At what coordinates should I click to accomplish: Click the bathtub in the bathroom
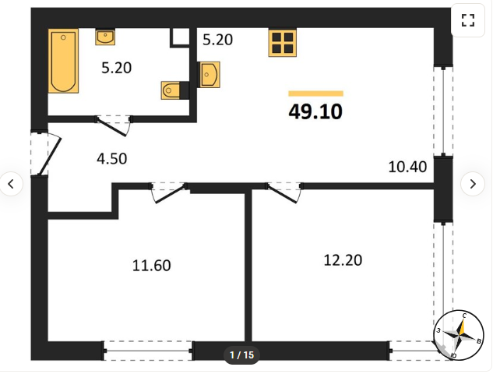(x=63, y=61)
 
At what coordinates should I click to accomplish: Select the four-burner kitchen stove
(x=283, y=43)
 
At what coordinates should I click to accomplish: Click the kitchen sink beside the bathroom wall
(x=209, y=75)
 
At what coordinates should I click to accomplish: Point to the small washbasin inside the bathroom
(x=105, y=37)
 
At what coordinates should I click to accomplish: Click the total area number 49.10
(x=315, y=111)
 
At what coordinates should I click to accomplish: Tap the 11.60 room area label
(x=152, y=266)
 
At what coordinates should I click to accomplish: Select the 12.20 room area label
(x=343, y=260)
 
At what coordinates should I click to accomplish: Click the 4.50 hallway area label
(x=112, y=158)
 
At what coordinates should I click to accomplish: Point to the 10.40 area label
(x=407, y=167)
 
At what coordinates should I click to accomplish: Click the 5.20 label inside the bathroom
(x=116, y=68)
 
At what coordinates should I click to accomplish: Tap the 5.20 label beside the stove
(x=217, y=40)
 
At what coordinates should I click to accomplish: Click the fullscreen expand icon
(x=468, y=20)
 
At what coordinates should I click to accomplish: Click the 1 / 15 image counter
(x=241, y=355)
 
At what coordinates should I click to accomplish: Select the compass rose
(x=459, y=335)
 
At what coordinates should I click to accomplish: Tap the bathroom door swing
(x=114, y=126)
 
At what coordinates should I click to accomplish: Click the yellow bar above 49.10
(x=315, y=93)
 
